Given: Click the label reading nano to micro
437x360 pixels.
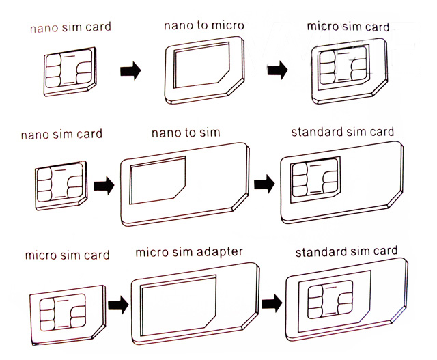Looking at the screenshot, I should [x=203, y=26].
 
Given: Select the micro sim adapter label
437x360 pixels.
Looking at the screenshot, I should [x=188, y=252].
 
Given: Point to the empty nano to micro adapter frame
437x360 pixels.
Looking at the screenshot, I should [x=206, y=68].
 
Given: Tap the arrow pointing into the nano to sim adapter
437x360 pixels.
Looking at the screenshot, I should [x=103, y=184].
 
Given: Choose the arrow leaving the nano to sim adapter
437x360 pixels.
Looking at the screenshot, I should [x=264, y=184].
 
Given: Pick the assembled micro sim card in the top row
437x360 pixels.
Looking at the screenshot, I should [x=344, y=70].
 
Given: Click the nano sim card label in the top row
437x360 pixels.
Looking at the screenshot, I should [x=70, y=29].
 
